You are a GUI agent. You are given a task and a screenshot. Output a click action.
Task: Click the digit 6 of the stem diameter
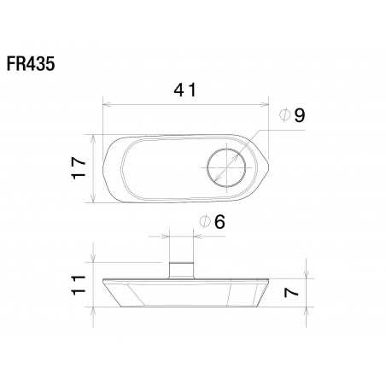(x=219, y=222)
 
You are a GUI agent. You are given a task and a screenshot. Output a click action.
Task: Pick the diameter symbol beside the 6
(x=205, y=223)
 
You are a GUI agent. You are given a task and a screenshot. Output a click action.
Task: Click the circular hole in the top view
(x=226, y=167)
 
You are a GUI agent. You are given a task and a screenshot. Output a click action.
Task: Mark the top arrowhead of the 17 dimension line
(x=93, y=137)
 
